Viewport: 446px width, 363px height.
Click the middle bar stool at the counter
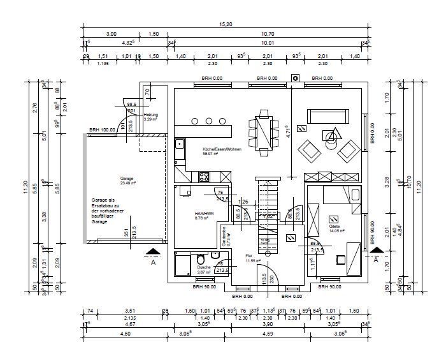(x=210, y=121)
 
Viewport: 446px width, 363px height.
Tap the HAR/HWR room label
(x=186, y=215)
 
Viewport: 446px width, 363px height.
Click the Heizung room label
(x=150, y=116)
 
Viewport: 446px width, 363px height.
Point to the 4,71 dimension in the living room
(x=287, y=131)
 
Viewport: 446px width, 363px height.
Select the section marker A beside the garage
(x=152, y=256)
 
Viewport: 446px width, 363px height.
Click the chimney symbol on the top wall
(x=295, y=79)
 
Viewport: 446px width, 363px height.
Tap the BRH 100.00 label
(x=102, y=130)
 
